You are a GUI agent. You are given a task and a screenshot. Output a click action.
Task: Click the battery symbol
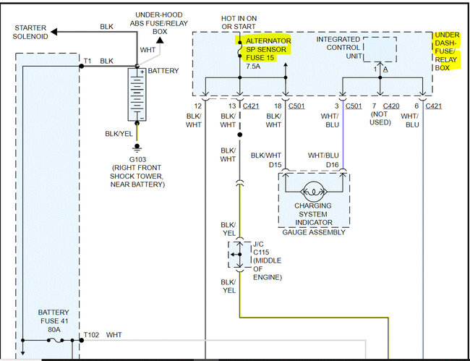(137, 95)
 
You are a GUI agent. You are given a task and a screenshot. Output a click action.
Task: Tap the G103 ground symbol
(137, 148)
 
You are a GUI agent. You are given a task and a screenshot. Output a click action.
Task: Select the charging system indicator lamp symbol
(314, 192)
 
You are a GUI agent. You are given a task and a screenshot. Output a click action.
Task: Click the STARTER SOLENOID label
(30, 32)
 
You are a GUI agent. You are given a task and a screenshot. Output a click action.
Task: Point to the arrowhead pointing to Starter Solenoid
(54, 32)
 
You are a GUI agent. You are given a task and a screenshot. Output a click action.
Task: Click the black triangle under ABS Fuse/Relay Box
(160, 41)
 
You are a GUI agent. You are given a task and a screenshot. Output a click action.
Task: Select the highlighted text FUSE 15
(260, 58)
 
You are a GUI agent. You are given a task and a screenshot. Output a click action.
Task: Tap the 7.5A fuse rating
(253, 67)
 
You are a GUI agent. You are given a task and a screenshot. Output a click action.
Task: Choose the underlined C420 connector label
(391, 106)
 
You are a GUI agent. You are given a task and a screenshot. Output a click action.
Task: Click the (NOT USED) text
(380, 119)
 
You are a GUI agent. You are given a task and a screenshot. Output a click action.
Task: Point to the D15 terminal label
(275, 164)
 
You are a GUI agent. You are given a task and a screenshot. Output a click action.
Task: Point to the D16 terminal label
(332, 164)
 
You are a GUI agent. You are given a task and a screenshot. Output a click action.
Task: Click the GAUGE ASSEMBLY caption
(314, 232)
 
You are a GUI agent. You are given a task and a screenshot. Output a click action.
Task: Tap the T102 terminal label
(91, 335)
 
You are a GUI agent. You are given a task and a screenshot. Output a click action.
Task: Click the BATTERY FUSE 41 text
(54, 317)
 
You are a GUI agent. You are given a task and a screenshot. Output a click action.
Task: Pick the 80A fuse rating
(54, 330)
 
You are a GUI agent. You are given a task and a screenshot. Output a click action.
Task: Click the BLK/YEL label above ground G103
(119, 134)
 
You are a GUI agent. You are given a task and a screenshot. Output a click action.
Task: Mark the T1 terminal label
(87, 61)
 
